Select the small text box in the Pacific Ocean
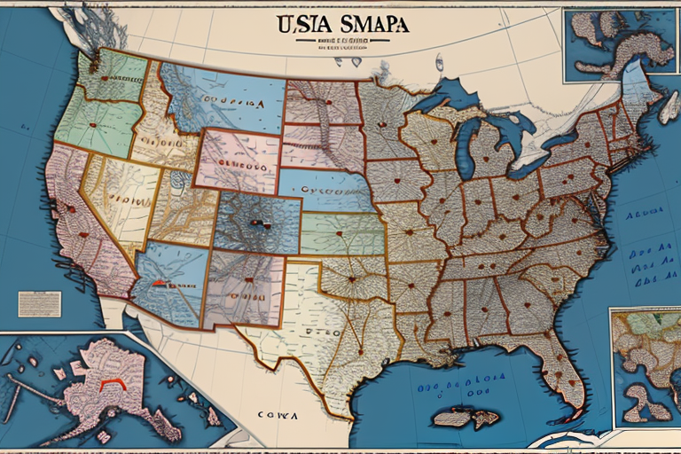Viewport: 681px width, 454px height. click(x=40, y=304)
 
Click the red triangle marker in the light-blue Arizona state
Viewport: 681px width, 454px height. click(x=159, y=283)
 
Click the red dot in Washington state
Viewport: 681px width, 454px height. click(x=104, y=78)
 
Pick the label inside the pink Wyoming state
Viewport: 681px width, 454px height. click(x=235, y=165)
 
